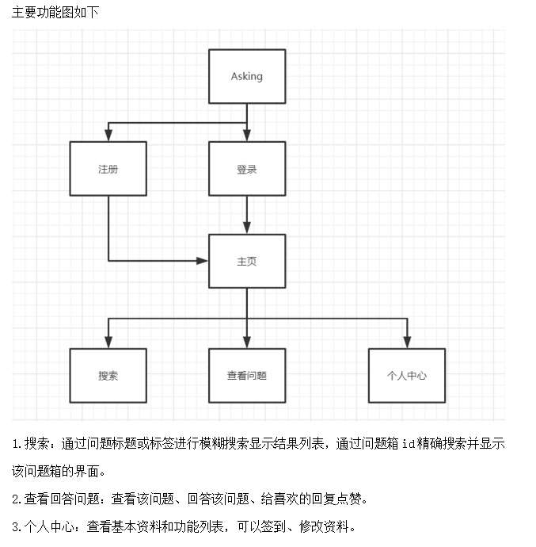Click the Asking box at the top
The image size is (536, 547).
[x=246, y=76]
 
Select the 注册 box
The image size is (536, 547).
[x=108, y=169]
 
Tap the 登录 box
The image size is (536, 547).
[x=246, y=169]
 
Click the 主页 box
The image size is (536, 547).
[x=246, y=261]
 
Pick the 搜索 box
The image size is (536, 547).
[x=108, y=375]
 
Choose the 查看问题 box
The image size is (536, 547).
[x=246, y=375]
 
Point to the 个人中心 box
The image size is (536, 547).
[x=407, y=375]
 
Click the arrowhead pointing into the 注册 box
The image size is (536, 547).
[x=108, y=136]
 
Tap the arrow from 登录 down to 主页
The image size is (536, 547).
[x=246, y=214]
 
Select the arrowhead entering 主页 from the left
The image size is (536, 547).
[x=203, y=260]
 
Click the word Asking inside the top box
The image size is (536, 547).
[x=246, y=76]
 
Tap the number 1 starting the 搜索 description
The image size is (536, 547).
[x=16, y=444]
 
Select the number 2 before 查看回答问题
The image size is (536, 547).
[x=16, y=499]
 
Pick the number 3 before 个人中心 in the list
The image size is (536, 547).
[x=16, y=526]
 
